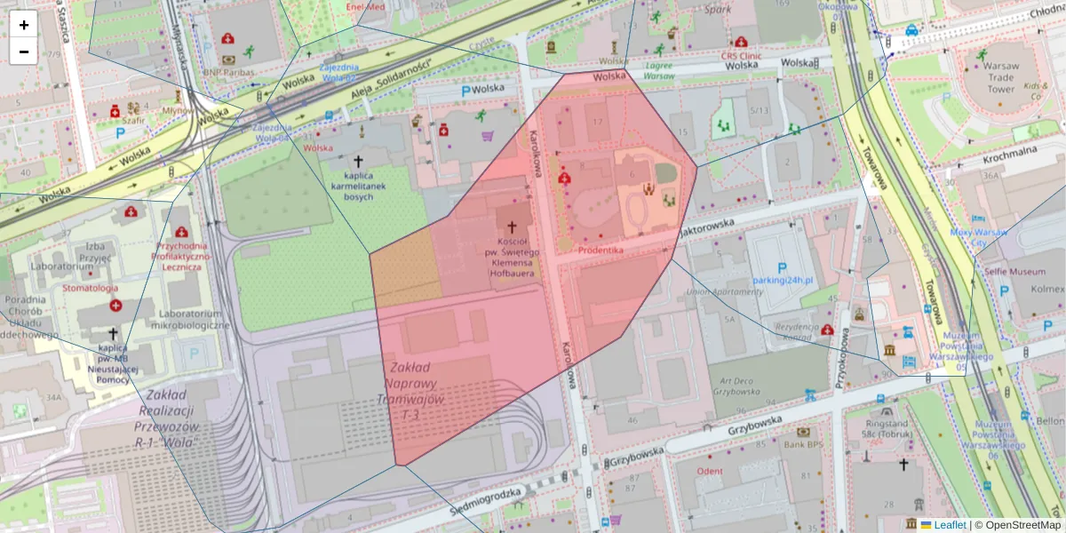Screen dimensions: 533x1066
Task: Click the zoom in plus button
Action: coord(24,25)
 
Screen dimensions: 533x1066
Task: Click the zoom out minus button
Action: coord(24,52)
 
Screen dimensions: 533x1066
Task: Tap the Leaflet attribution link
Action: coord(950,525)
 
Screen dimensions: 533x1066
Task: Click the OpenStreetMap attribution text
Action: coord(1017,525)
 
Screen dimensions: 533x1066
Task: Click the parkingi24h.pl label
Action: coord(782,281)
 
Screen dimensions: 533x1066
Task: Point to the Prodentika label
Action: coord(601,251)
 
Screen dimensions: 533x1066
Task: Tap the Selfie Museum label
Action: coord(1014,271)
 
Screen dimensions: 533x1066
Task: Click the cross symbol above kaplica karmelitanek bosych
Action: coord(359,162)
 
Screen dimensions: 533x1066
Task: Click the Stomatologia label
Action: coord(89,288)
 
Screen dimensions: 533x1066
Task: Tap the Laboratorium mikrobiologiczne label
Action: coord(190,319)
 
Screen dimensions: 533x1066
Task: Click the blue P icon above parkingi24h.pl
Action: coord(782,266)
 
